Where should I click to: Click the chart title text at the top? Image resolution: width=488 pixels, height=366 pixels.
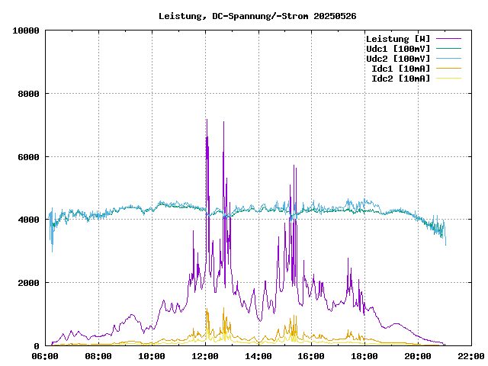(x=257, y=16)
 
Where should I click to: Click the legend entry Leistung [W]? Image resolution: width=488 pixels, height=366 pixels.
(x=397, y=39)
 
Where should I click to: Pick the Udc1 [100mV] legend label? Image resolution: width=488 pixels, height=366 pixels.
(x=397, y=49)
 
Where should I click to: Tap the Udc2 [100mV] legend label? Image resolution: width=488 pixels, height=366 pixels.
(x=397, y=59)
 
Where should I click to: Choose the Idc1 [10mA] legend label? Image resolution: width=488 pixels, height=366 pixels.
(x=400, y=69)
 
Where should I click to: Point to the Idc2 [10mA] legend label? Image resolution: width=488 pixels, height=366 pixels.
(x=400, y=79)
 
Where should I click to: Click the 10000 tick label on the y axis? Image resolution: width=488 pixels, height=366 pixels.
(x=26, y=30)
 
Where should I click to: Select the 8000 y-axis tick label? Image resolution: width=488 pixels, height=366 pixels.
(x=28, y=94)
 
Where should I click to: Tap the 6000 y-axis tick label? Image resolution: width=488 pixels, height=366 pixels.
(x=28, y=157)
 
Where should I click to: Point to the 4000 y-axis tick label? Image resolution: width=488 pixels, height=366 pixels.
(x=28, y=220)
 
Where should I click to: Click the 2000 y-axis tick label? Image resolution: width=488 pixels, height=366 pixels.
(x=28, y=283)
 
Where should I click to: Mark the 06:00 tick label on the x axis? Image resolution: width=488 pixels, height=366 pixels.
(x=45, y=356)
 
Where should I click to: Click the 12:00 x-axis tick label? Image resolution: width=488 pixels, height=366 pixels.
(x=205, y=356)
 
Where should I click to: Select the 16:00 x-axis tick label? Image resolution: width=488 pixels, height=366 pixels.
(x=312, y=356)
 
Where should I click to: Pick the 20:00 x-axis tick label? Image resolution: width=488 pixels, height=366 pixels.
(x=418, y=356)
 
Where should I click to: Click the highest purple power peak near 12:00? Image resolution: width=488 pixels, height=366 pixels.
(x=207, y=120)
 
